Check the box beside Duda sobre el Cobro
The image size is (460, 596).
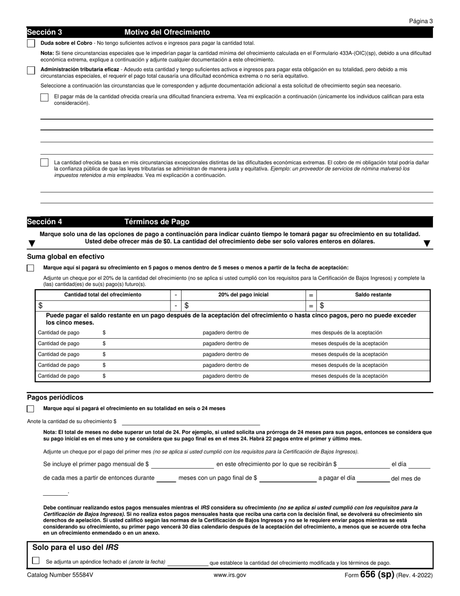coord(31,44)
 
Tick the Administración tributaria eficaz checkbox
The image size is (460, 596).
coord(31,71)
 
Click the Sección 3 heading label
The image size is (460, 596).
coord(45,32)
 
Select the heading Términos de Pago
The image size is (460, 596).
coord(157,222)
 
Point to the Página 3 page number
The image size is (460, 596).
coord(421,21)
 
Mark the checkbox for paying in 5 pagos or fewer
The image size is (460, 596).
coord(31,268)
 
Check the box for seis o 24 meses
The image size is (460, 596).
coord(31,409)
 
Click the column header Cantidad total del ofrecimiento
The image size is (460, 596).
coord(103,295)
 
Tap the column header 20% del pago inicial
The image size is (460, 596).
coord(243,295)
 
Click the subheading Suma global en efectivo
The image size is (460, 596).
coord(65,257)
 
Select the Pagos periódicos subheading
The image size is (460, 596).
coord(55,397)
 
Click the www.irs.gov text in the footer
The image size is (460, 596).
coord(230,576)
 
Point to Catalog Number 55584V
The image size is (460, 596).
coord(60,576)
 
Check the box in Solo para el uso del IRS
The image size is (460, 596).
coord(36,561)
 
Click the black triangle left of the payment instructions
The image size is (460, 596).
coord(31,243)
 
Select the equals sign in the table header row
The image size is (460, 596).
coord(311,295)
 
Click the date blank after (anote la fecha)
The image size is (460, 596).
coord(187,563)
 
